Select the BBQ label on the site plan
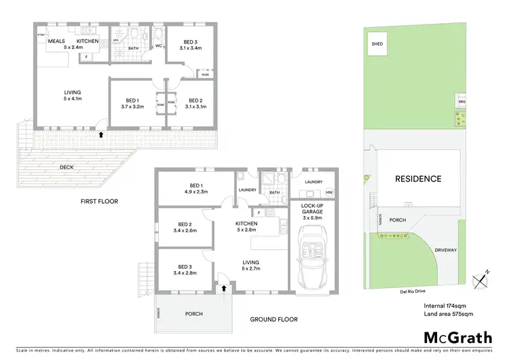click(461, 101)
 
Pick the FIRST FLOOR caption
click(98, 201)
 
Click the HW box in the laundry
click(330, 192)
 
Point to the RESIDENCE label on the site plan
click(418, 179)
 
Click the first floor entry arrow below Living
click(101, 134)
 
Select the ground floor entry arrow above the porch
click(223, 288)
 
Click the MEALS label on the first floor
click(56, 41)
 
